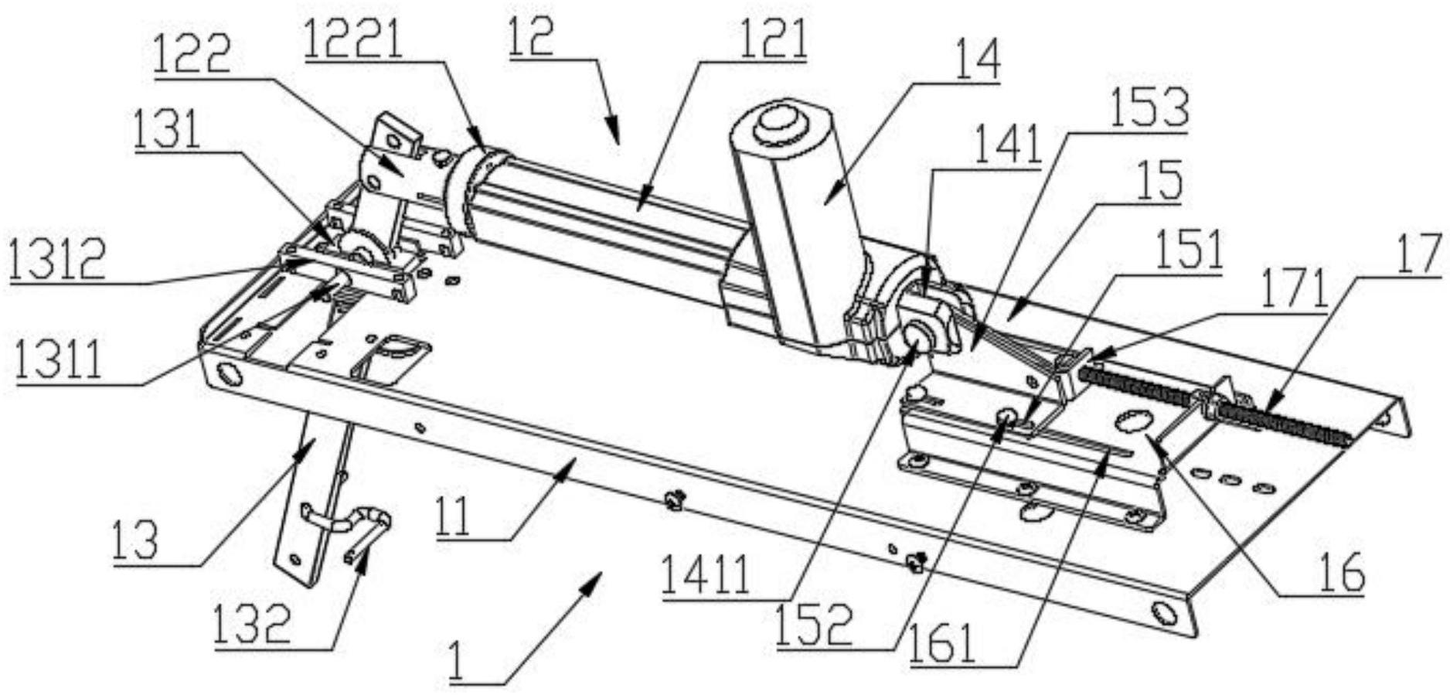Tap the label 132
pyautogui.click(x=254, y=625)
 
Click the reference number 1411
pyautogui.click(x=705, y=576)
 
